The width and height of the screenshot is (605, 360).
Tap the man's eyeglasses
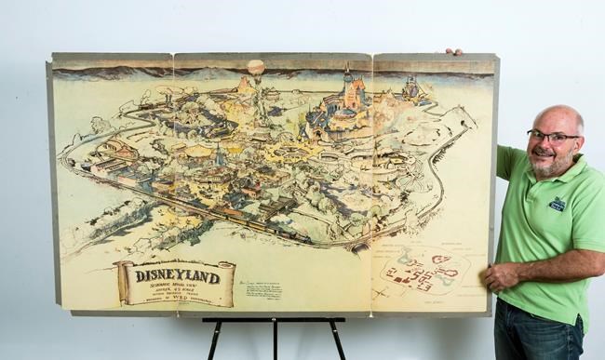click(x=552, y=137)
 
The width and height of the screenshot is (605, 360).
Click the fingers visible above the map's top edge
click(x=453, y=52)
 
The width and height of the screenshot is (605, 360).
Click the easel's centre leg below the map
click(x=274, y=340)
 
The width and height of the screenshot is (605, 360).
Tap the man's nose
click(x=545, y=145)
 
